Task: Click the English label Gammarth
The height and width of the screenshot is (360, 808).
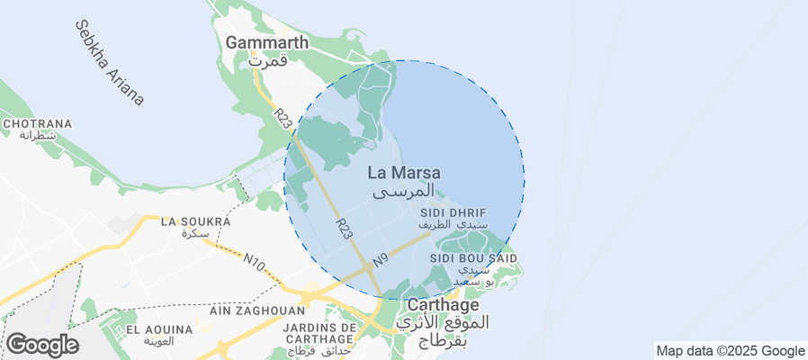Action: [x=267, y=42]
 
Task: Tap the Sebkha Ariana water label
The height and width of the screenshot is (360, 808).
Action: [x=109, y=62]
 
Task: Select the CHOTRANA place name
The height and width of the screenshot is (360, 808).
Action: [x=31, y=123]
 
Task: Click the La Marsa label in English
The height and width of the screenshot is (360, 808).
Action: [x=404, y=172]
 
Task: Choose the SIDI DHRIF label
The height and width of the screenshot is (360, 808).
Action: [x=453, y=213]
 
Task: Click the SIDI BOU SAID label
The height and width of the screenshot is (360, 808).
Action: [x=473, y=258]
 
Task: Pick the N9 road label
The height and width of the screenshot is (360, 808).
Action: [x=381, y=259]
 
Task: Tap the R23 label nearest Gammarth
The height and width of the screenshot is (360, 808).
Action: [x=283, y=119]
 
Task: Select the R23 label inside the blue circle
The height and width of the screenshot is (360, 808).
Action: [x=344, y=228]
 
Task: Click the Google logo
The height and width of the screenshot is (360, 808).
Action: [x=42, y=345]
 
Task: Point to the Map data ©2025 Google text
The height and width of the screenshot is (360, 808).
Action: [x=730, y=351]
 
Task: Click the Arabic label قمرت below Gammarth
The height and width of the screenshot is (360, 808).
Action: [x=267, y=62]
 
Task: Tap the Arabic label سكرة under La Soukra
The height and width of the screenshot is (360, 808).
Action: [x=195, y=233]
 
